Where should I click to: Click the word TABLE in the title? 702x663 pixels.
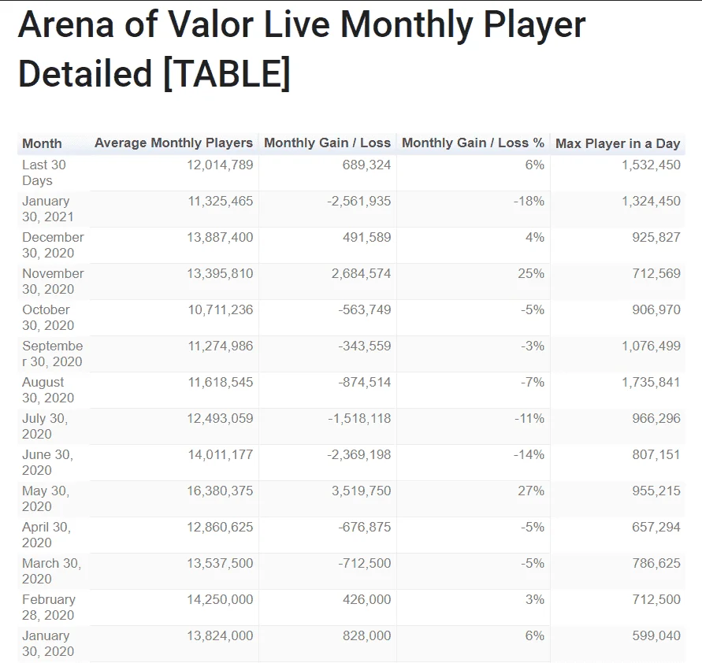[227, 73]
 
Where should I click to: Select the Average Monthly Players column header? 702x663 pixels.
[173, 143]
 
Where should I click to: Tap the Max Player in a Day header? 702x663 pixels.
[618, 143]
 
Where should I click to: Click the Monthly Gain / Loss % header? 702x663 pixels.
[473, 143]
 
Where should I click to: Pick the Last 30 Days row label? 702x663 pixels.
[44, 172]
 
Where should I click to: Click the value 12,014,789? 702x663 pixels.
[220, 165]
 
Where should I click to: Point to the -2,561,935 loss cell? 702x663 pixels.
[359, 202]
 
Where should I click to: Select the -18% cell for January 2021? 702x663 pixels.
[529, 202]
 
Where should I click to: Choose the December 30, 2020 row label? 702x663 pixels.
[53, 245]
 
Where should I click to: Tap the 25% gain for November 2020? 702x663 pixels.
[531, 274]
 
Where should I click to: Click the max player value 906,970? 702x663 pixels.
[656, 310]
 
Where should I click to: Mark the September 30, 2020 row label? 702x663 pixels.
[52, 354]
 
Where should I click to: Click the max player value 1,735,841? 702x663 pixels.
[651, 383]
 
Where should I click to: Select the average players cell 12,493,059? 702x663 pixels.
[220, 419]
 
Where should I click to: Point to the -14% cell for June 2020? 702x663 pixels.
[529, 455]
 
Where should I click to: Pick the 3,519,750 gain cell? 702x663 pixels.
[362, 491]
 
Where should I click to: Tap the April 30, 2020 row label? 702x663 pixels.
[46, 535]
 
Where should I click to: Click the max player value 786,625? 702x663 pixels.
[656, 564]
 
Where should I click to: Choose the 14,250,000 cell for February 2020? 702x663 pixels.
[220, 600]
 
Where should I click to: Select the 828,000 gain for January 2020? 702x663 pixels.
[366, 636]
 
